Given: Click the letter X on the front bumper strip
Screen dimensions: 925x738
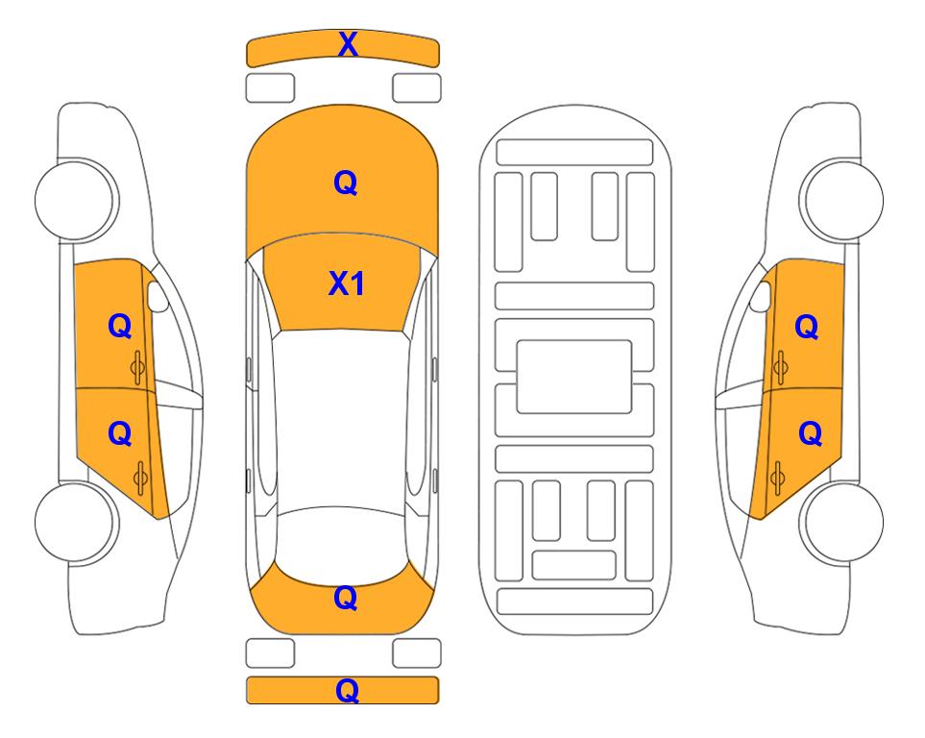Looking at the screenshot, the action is pos(348,44).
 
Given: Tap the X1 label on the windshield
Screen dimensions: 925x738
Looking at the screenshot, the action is pos(347,283).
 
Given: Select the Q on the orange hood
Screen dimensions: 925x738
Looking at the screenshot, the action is pos(346,183).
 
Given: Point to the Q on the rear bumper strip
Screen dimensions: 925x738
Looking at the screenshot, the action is pos(347,691).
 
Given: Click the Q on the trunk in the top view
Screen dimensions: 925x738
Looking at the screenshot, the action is pos(346,598).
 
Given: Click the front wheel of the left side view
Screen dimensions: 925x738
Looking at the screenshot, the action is pos(76,200).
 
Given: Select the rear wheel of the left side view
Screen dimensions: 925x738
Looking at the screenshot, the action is pos(76,522).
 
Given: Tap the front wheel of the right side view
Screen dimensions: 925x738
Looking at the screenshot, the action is pos(841,200).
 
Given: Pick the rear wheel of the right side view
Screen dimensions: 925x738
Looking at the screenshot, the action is pos(842,522).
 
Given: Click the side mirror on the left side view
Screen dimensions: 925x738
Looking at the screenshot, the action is pos(157,296).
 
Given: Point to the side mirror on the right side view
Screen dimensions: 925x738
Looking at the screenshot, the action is pos(761,296).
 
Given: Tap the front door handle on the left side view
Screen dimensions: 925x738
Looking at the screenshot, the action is pos(138,367).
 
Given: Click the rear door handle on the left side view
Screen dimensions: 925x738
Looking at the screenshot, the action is pos(140,478).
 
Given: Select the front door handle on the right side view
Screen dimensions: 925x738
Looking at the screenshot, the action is pos(780,367).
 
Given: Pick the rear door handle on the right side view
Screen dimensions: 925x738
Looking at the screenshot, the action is pos(777,478).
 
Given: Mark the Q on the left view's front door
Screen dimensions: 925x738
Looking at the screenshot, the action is pos(119,326).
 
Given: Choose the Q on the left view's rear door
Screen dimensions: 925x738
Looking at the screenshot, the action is pos(119,434).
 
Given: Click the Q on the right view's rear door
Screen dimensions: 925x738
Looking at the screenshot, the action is pos(810,434).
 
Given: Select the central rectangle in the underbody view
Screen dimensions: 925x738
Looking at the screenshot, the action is pos(574,377).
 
